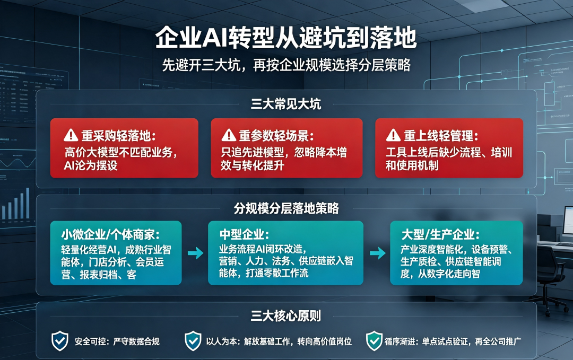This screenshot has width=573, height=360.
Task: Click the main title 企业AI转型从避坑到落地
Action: pyautogui.click(x=286, y=38)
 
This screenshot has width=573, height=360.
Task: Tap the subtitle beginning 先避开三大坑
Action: pyautogui.click(x=286, y=65)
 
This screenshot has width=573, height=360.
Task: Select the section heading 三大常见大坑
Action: pyautogui.click(x=286, y=104)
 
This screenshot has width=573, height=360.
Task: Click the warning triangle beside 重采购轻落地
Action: pyautogui.click(x=71, y=135)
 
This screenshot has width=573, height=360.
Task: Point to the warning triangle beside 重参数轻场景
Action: pyautogui.click(x=229, y=135)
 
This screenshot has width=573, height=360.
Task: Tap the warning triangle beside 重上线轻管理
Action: pyautogui.click(x=393, y=135)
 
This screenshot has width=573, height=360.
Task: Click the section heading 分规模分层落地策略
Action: pyautogui.click(x=286, y=208)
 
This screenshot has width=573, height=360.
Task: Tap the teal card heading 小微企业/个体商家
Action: pyautogui.click(x=110, y=234)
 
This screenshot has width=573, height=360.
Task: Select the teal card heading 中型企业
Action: pyautogui.click(x=244, y=234)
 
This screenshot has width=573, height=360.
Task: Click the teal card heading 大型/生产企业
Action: pyautogui.click(x=440, y=234)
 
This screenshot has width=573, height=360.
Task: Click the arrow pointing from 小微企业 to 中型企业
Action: pyautogui.click(x=195, y=253)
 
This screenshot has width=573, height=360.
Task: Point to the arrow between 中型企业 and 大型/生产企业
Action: pyautogui.click(x=378, y=253)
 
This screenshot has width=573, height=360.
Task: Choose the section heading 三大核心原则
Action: pyautogui.click(x=286, y=316)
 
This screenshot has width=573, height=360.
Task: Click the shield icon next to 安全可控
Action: pyautogui.click(x=60, y=341)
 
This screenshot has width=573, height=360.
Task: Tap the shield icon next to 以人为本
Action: pyautogui.click(x=193, y=341)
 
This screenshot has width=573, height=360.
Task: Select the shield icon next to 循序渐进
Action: pyautogui.click(x=374, y=341)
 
